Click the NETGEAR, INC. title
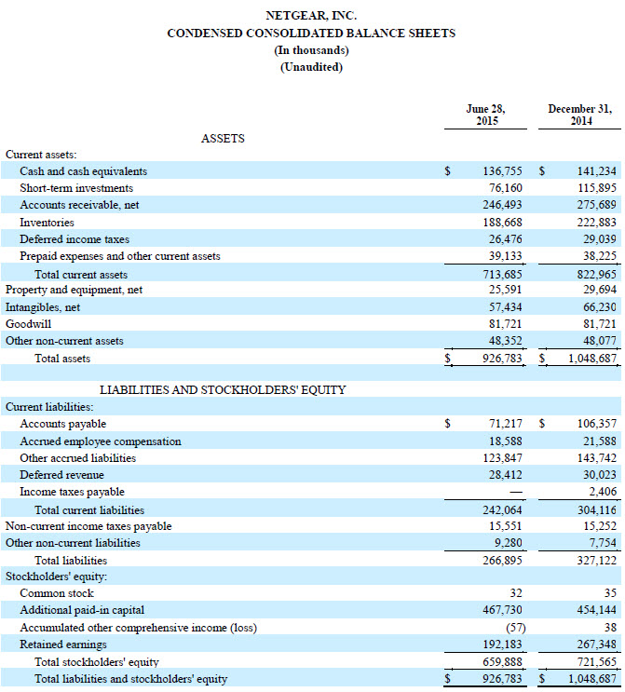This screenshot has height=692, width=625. tap(311, 16)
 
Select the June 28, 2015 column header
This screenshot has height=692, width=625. tap(485, 115)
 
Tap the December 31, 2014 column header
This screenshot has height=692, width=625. tap(579, 115)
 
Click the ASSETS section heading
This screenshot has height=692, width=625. tap(223, 138)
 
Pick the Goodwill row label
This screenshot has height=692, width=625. tap(27, 323)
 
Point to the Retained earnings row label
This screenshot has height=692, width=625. tap(63, 645)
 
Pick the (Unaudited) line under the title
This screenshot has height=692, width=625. tap(311, 66)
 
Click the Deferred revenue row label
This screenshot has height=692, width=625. tap(62, 475)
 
